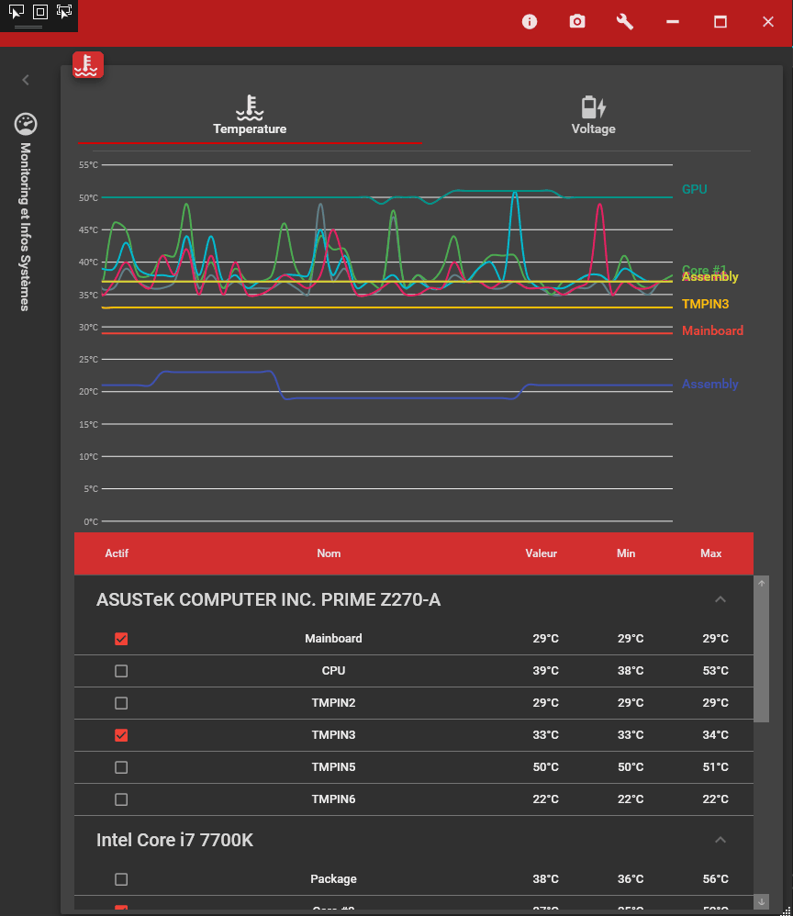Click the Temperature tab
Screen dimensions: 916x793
(x=250, y=117)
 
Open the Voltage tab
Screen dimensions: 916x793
(x=593, y=117)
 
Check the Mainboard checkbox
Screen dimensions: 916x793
(x=121, y=639)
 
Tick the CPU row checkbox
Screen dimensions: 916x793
(x=121, y=671)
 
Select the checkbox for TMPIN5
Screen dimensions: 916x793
(x=121, y=767)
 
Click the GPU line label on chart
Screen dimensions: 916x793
(x=694, y=189)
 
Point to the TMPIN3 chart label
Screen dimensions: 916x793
(x=705, y=304)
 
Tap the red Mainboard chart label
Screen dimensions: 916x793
(x=712, y=330)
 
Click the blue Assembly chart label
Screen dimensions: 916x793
(x=709, y=385)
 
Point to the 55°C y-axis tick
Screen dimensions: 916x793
(x=88, y=165)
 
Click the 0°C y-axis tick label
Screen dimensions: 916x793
(x=90, y=521)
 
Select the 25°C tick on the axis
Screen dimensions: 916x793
(x=88, y=360)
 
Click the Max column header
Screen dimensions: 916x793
(x=710, y=553)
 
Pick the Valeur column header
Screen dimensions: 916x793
(x=541, y=553)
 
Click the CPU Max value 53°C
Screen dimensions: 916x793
(x=714, y=671)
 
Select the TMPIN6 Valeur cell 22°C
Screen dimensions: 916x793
(x=545, y=799)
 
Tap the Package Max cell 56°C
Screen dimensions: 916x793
(x=714, y=879)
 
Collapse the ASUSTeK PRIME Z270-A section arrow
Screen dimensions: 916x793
(x=720, y=599)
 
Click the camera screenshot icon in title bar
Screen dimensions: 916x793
(x=577, y=22)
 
